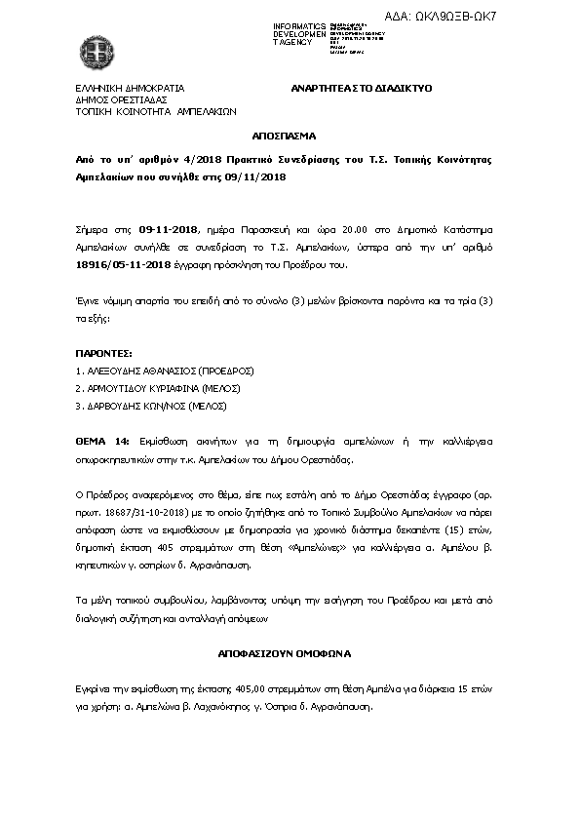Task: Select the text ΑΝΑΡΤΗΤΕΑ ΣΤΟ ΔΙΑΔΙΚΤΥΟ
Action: [362, 88]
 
